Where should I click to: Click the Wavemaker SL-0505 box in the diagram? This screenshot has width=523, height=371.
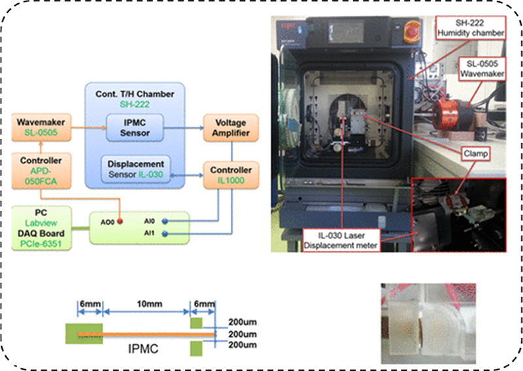tap(41, 127)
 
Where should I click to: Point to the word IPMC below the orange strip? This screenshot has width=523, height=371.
tap(146, 349)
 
